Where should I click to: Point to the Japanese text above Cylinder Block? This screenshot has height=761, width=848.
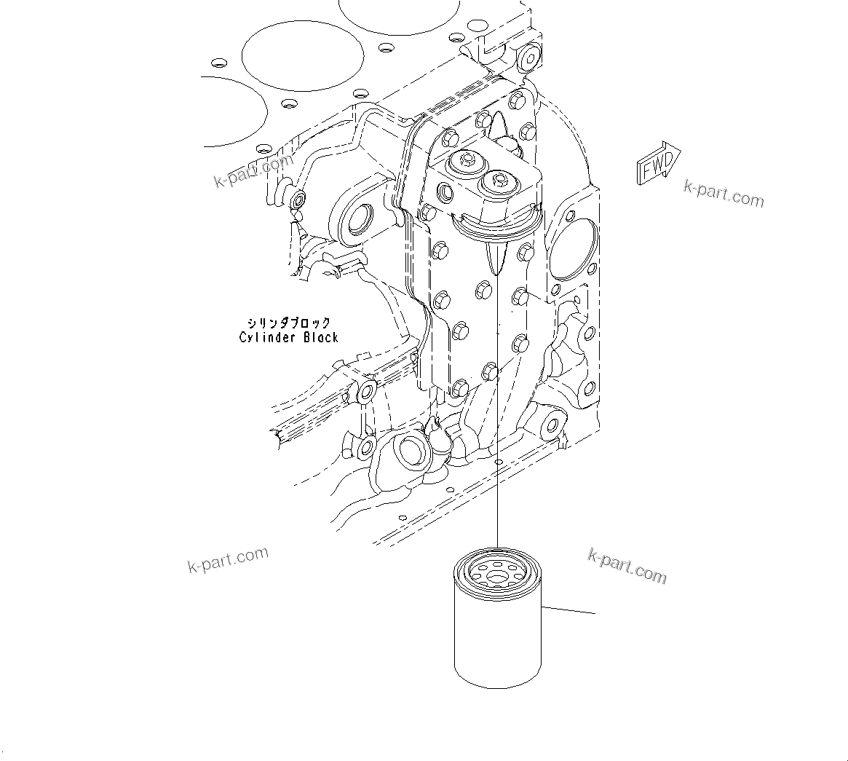tap(288, 323)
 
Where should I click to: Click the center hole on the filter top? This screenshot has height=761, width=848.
tap(497, 577)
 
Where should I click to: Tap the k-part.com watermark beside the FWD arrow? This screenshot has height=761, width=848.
tap(724, 194)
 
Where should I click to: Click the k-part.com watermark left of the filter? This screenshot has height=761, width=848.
tap(228, 559)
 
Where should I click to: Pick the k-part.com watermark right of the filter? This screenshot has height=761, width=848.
tap(627, 567)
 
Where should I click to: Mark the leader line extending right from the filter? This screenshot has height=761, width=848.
tap(568, 609)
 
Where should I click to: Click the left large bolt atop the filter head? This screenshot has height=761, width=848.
tap(463, 160)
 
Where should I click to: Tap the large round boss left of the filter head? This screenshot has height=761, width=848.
tap(357, 220)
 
